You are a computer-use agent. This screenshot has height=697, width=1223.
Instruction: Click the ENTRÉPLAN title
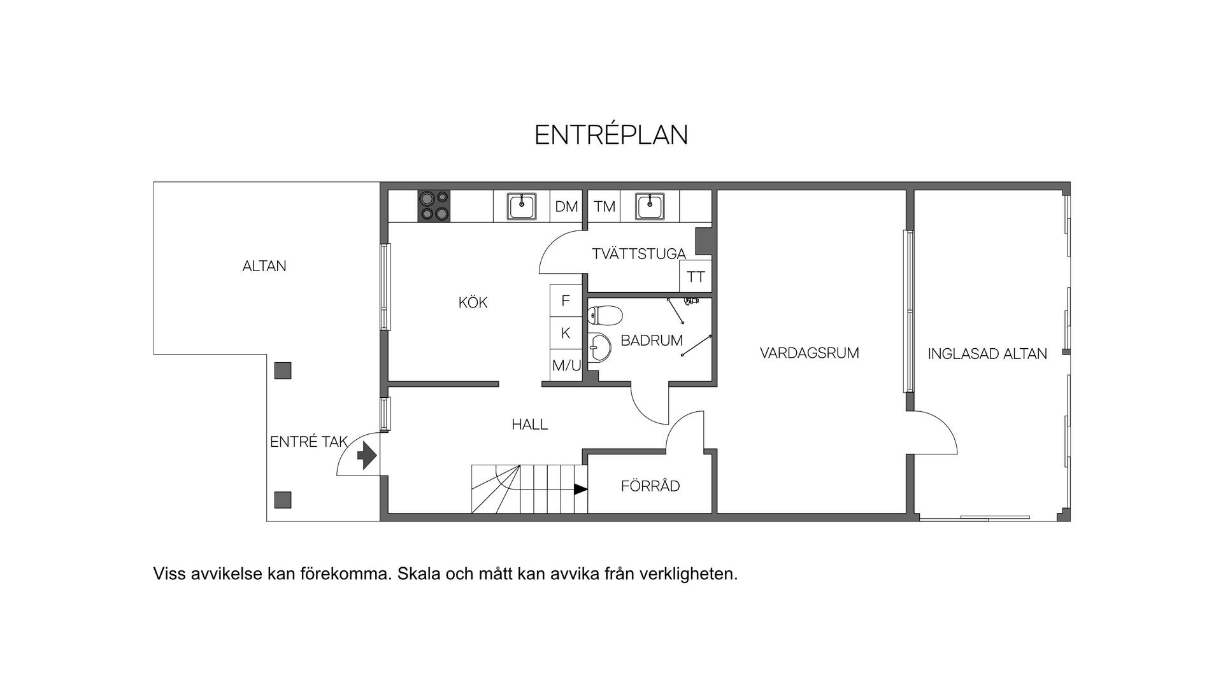[611, 135]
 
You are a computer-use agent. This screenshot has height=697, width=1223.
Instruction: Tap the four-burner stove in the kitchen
[433, 206]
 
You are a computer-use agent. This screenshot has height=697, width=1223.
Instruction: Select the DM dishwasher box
[566, 206]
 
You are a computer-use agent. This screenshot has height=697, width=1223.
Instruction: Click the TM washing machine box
[604, 206]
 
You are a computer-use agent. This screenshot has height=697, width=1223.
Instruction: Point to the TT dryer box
[696, 277]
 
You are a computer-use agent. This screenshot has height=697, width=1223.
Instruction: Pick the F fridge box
[566, 301]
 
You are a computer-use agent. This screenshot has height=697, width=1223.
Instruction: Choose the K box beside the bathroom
[566, 333]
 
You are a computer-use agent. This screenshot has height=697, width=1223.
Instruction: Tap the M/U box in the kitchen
[566, 365]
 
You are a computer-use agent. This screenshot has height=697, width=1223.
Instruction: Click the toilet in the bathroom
[603, 314]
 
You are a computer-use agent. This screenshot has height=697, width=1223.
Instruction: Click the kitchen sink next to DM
[522, 206]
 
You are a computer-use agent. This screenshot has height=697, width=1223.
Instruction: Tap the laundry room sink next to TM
[649, 206]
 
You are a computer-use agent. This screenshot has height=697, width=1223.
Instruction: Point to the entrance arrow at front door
[366, 456]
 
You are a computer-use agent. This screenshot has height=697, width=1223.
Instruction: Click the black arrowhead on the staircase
[580, 489]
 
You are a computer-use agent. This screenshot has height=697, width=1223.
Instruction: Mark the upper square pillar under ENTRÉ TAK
[282, 370]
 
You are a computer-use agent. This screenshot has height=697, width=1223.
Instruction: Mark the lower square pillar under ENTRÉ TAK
[282, 500]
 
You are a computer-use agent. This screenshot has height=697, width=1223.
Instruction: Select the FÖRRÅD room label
[650, 486]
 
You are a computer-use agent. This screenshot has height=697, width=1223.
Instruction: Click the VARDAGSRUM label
[809, 353]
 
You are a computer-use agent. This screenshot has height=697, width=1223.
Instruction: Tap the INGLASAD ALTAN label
[987, 354]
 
